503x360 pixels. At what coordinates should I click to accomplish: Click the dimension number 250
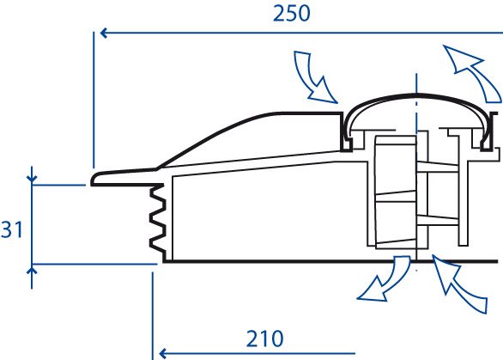292,14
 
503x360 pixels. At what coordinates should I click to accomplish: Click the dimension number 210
264,339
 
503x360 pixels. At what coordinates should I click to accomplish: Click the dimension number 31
12,229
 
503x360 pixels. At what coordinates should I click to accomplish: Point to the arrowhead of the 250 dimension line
103,33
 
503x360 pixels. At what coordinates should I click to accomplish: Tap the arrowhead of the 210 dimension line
162,354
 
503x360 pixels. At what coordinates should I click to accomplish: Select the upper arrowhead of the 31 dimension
32,179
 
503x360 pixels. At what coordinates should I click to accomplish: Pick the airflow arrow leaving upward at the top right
471,73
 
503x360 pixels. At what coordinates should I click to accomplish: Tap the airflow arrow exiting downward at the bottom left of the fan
385,279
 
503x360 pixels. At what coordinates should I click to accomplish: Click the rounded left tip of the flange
93,180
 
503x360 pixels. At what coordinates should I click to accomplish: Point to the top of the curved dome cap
416,95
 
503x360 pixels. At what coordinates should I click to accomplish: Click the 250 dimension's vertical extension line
94,100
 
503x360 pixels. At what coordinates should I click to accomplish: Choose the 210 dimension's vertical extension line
153,316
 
